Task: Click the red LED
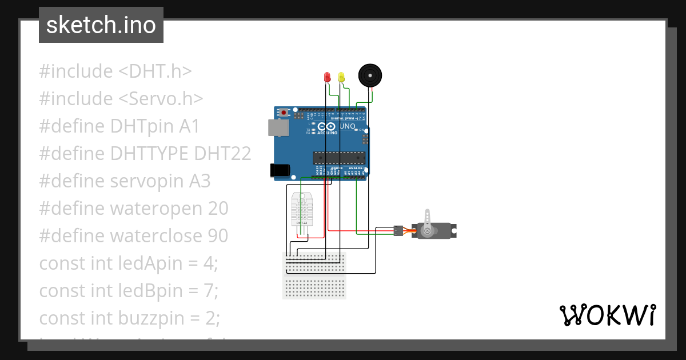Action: tap(328, 77)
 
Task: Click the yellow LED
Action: tap(341, 77)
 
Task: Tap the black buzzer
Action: tap(369, 75)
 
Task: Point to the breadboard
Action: tap(314, 275)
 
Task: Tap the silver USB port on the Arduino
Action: tap(278, 127)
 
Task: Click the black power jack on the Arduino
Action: tap(280, 169)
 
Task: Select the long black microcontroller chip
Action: tap(338, 157)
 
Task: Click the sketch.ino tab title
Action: tap(101, 25)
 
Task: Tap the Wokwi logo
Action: tap(607, 315)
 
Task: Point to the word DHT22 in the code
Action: tap(222, 154)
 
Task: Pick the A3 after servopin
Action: tap(200, 181)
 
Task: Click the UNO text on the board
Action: tap(348, 126)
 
